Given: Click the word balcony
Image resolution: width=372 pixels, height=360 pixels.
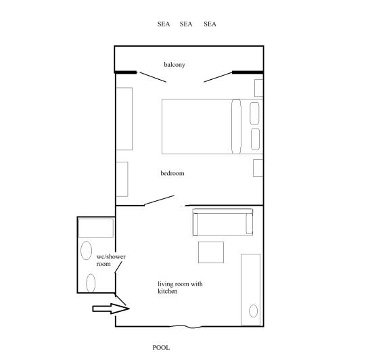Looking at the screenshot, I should [x=175, y=65].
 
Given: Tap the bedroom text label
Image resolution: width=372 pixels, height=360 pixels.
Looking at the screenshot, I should [x=172, y=173].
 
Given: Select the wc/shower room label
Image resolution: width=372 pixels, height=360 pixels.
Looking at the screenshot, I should [x=110, y=260].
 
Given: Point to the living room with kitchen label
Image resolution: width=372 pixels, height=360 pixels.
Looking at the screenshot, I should [x=179, y=288].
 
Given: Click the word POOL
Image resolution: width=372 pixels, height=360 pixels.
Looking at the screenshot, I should [x=161, y=347].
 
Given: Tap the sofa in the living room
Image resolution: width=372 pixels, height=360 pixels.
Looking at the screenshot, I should [x=223, y=222].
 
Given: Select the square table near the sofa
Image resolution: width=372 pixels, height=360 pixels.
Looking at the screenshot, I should [x=210, y=252].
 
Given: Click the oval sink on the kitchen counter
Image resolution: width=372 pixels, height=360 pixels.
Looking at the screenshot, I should [x=253, y=311].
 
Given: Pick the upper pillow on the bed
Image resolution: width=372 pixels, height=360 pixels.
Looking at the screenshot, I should [x=255, y=112].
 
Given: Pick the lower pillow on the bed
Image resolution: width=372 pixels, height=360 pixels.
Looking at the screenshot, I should [x=255, y=139].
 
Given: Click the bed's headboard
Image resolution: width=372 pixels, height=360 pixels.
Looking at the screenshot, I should [x=236, y=126].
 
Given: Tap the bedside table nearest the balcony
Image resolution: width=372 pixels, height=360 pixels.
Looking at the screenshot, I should [x=258, y=88].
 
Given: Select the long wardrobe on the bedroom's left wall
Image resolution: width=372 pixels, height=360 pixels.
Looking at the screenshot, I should [x=124, y=118].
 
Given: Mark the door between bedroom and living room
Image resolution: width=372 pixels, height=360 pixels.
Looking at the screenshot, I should [x=160, y=201].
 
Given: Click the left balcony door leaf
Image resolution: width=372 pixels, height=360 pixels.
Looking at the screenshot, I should [x=152, y=76].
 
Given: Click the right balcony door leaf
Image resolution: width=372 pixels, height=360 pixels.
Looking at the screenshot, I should [x=218, y=77].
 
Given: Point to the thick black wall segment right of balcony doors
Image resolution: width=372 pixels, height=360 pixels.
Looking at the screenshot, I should [x=247, y=72].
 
